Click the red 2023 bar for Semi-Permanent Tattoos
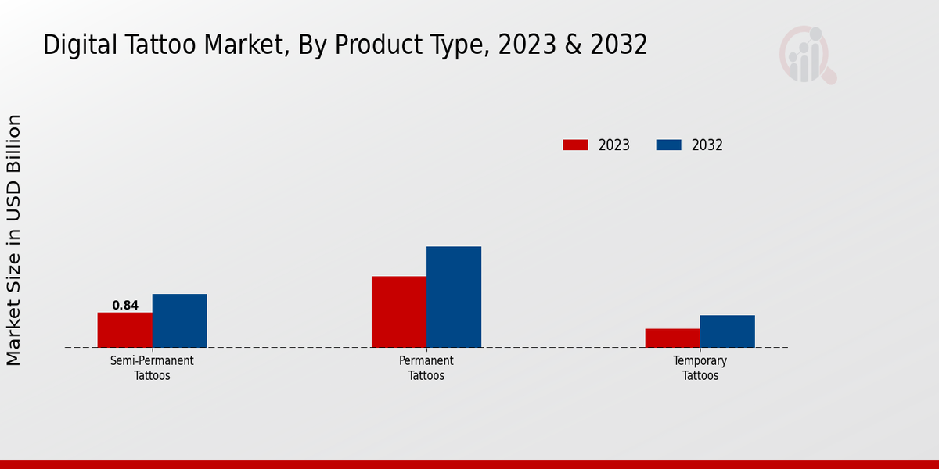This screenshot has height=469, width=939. coord(124,330)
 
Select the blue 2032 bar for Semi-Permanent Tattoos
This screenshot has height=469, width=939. coord(179,320)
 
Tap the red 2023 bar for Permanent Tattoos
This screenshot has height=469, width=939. coord(399,312)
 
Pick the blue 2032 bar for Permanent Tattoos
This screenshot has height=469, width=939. coord(454,297)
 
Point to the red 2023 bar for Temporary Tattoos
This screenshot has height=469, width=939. coord(673,338)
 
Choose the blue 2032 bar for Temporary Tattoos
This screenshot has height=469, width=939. coord(728,331)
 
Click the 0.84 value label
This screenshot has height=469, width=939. coord(125,306)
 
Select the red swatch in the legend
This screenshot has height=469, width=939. coord(575,145)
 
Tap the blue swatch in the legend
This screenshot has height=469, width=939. coord(668,145)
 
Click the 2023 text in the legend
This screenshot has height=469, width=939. coord(614,145)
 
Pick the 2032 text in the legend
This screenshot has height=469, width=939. coord(707,145)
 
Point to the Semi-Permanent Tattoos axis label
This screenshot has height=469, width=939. coord(152,368)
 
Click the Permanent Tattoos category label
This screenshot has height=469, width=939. coord(426,368)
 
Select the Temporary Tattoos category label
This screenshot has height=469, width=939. coord(700,368)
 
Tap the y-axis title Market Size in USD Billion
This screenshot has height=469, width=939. coord(14,240)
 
